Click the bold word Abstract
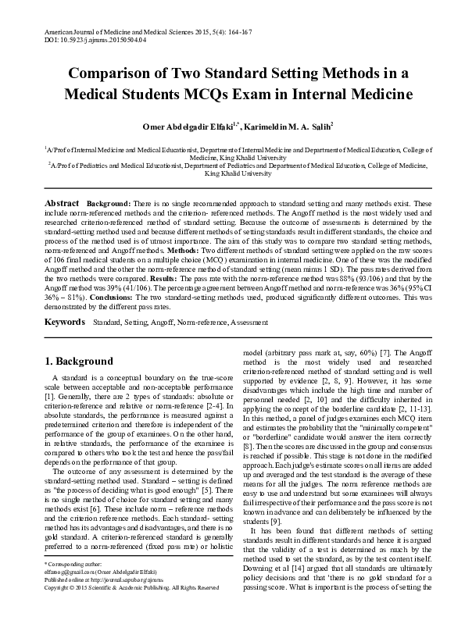tap(63, 202)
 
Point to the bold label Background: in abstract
tap(109, 202)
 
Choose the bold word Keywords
tap(65, 323)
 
